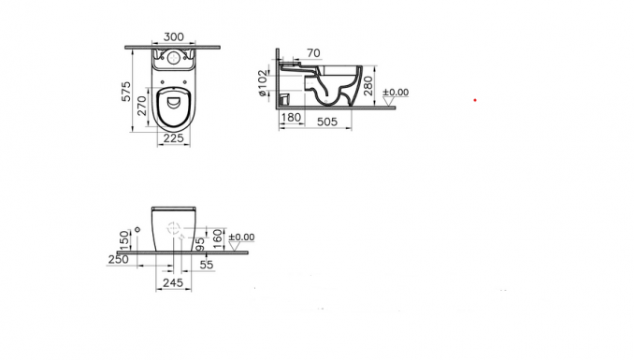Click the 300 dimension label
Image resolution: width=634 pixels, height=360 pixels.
[x=174, y=36]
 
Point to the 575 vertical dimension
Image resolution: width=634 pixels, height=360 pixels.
[x=126, y=92]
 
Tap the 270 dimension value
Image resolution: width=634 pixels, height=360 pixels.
[x=141, y=106]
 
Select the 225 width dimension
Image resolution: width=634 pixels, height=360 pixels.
[x=173, y=138]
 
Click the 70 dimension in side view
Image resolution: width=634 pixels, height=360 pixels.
[x=313, y=53]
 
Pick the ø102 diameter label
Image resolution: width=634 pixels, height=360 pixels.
[x=263, y=83]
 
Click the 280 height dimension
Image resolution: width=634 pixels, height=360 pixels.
[x=367, y=86]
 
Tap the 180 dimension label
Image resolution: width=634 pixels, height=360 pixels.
[x=291, y=117]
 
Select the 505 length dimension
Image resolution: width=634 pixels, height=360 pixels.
[x=327, y=122]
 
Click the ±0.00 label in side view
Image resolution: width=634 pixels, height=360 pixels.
[x=396, y=93]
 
